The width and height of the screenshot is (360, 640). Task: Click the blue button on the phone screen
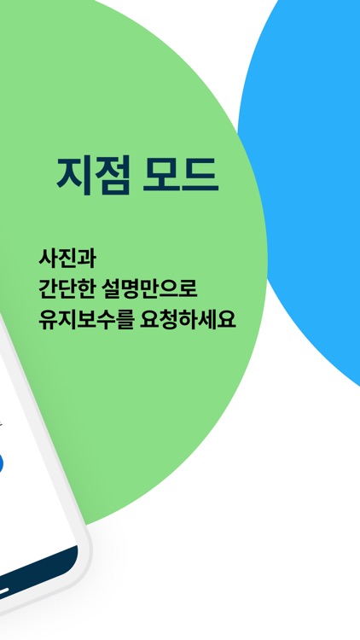point(2,463)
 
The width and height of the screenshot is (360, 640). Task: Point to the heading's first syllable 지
point(73,174)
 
